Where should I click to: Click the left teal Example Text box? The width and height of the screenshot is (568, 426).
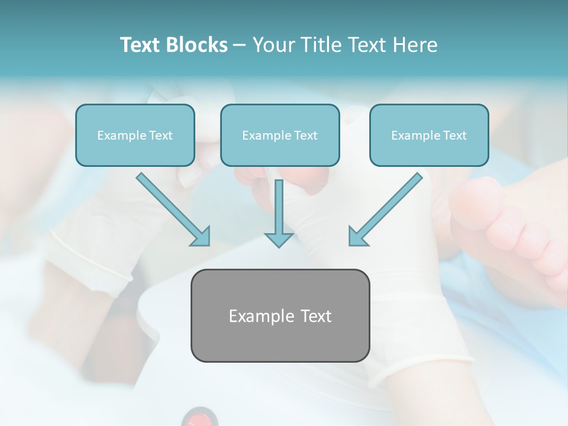135,135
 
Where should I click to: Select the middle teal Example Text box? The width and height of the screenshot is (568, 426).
280,135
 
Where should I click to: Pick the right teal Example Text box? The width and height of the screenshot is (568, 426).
429,135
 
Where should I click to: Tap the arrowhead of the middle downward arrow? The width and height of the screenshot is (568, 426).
279,239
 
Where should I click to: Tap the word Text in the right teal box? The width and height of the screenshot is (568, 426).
454,135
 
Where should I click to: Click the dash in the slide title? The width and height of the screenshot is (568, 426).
239,45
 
